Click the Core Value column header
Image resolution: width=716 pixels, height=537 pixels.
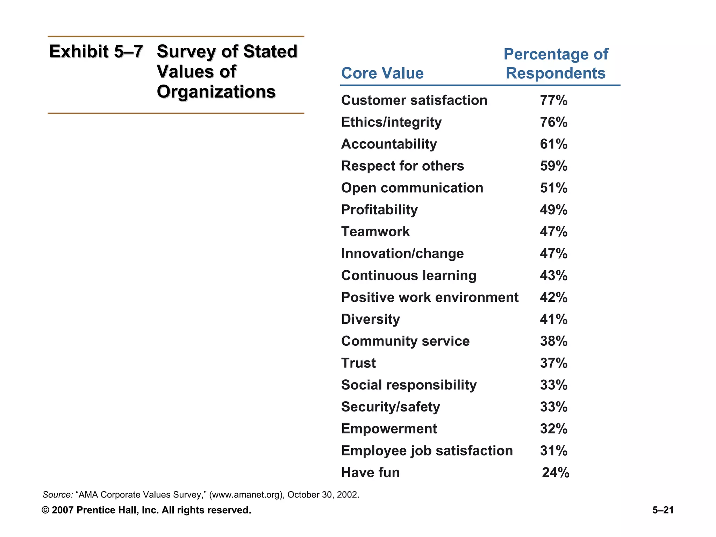point(382,73)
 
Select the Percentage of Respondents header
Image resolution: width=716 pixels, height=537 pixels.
point(556,64)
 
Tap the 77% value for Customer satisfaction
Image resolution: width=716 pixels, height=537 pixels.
point(553,100)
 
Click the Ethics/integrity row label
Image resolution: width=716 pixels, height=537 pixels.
point(391,122)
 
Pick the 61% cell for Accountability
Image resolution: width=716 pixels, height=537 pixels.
point(553,144)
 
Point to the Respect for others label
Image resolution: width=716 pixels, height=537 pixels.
point(402,166)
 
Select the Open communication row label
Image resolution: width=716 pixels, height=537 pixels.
point(412,188)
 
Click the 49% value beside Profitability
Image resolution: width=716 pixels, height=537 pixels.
point(553,210)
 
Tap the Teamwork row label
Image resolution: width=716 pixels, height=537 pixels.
point(375,232)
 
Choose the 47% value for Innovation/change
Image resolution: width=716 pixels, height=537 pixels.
point(553,253)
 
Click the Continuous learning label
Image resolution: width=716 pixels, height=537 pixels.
point(409,275)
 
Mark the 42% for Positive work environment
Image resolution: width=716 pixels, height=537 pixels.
point(553,298)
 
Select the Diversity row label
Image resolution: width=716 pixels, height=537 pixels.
point(370,319)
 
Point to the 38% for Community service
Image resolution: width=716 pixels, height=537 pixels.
point(553,341)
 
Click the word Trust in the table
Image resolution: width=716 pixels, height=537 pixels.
point(358,363)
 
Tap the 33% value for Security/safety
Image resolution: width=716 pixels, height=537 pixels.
point(553,407)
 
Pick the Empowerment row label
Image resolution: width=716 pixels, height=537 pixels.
point(389,429)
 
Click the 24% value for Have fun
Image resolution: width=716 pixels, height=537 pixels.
point(556,473)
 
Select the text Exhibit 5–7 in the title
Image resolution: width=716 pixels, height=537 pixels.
point(96,52)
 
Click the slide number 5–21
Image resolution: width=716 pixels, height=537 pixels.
point(663,510)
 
